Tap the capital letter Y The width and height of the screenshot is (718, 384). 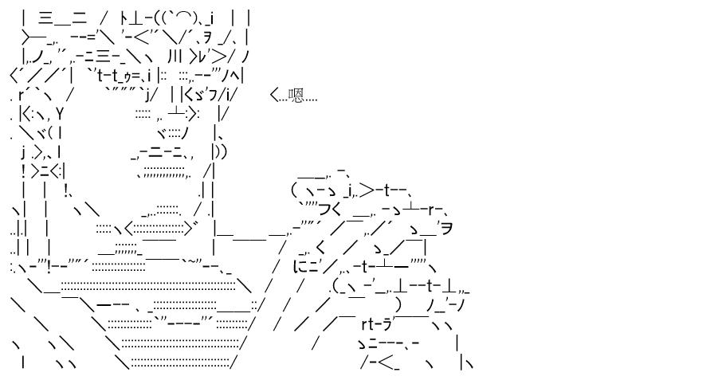pyautogui.click(x=60, y=112)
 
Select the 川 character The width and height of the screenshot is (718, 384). pyautogui.click(x=175, y=57)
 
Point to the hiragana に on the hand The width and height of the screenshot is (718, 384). pyautogui.click(x=302, y=266)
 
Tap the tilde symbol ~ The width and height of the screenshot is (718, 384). pyautogui.click(x=192, y=261)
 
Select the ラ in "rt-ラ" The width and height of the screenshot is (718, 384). pyautogui.click(x=387, y=324)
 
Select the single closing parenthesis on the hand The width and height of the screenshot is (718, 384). pyautogui.click(x=398, y=304)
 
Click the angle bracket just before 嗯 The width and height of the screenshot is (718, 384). pyautogui.click(x=274, y=95)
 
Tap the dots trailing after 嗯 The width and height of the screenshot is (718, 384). pyautogui.click(x=312, y=100)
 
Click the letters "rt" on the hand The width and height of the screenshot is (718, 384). pyautogui.click(x=369, y=324)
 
